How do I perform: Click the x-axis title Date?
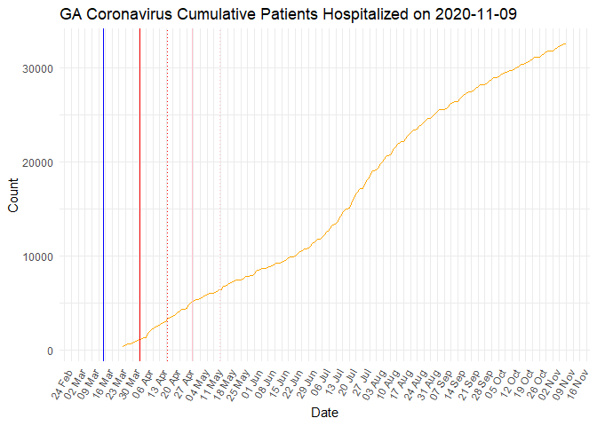pyautogui.click(x=323, y=413)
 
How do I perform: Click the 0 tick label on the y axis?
pyautogui.click(x=49, y=351)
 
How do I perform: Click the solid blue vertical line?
pyautogui.click(x=103, y=195)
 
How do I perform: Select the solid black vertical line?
pyautogui.click(x=139, y=195)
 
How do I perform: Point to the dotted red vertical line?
pyautogui.click(x=168, y=195)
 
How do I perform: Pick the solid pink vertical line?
pyautogui.click(x=193, y=195)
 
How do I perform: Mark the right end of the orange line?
pyautogui.click(x=566, y=43)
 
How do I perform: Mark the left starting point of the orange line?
pyautogui.click(x=123, y=346)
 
